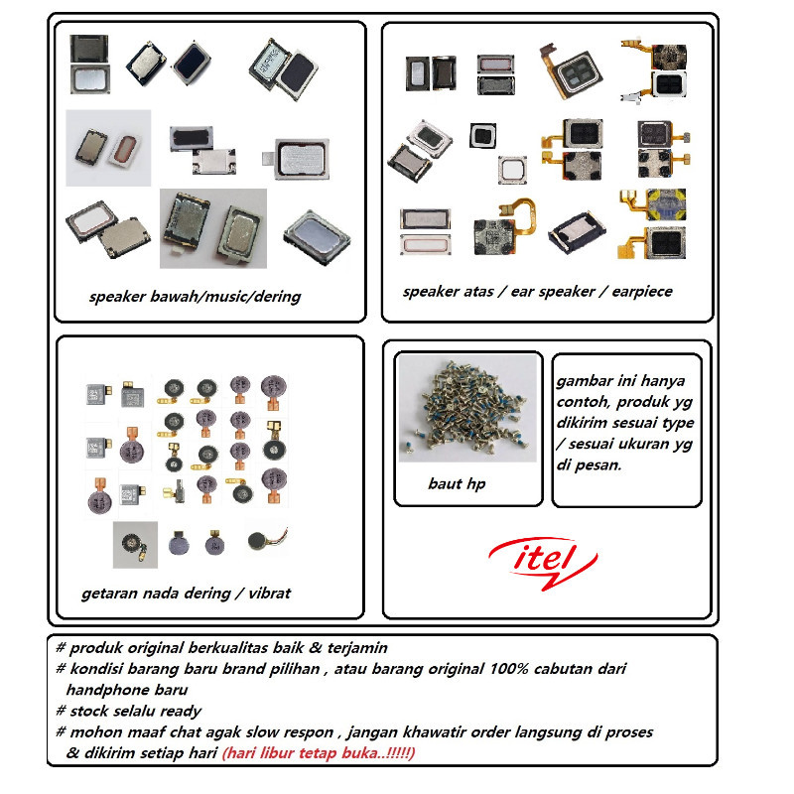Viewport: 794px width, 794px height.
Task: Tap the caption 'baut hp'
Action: (x=456, y=484)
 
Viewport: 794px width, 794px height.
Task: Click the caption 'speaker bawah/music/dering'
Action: (x=195, y=297)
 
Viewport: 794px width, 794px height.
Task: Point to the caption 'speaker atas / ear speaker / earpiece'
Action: (x=537, y=292)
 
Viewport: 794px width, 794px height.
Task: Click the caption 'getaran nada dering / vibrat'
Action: (x=186, y=594)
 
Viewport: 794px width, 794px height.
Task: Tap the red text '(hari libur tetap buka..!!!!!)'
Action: (x=319, y=753)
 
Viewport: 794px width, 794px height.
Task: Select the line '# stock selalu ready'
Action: (x=128, y=711)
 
